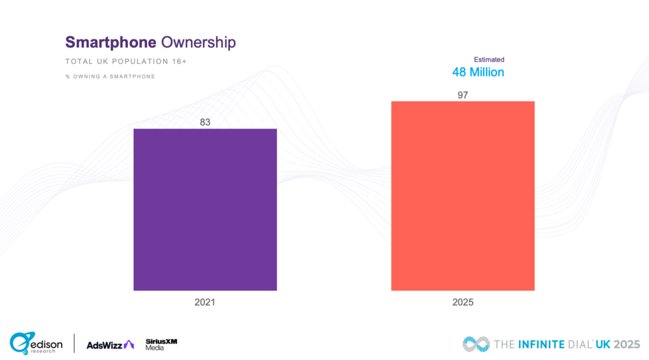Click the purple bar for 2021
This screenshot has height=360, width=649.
205,209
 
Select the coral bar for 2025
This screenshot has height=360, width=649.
463,196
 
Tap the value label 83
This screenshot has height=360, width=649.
205,122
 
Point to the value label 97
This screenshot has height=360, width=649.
463,94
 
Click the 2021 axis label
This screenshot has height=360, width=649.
205,302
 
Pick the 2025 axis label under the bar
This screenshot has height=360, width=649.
463,302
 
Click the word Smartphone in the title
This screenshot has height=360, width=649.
110,42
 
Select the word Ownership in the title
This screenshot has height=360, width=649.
198,42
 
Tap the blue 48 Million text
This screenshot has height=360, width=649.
478,72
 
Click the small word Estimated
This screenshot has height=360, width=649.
489,60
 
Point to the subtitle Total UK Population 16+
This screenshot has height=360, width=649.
125,62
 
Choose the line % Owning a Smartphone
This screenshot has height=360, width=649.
110,77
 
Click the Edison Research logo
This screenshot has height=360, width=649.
36,343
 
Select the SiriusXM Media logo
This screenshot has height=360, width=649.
161,344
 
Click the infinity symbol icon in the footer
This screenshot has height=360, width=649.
475,344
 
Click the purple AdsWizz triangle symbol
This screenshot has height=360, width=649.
129,344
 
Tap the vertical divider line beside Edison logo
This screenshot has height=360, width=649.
74,343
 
